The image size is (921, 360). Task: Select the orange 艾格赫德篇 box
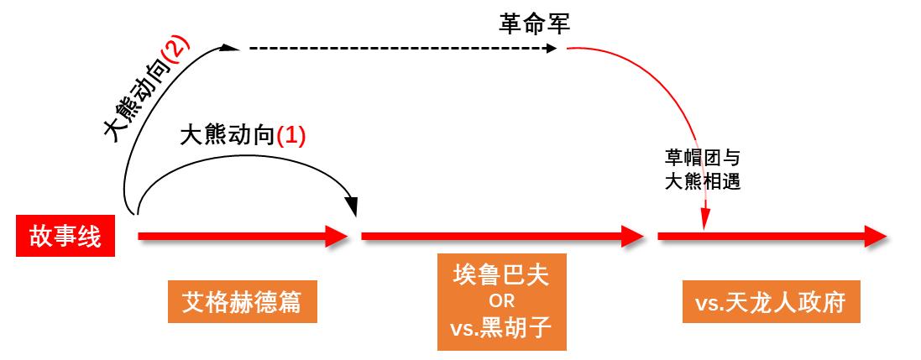243,300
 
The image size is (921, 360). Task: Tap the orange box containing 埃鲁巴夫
501,300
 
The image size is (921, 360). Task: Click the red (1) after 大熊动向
291,135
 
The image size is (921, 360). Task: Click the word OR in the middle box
501,300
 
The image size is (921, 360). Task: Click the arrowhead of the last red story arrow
877,237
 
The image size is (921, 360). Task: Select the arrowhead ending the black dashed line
552,49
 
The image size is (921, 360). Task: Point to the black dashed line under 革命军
395,49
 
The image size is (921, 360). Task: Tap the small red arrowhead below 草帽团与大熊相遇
705,220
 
